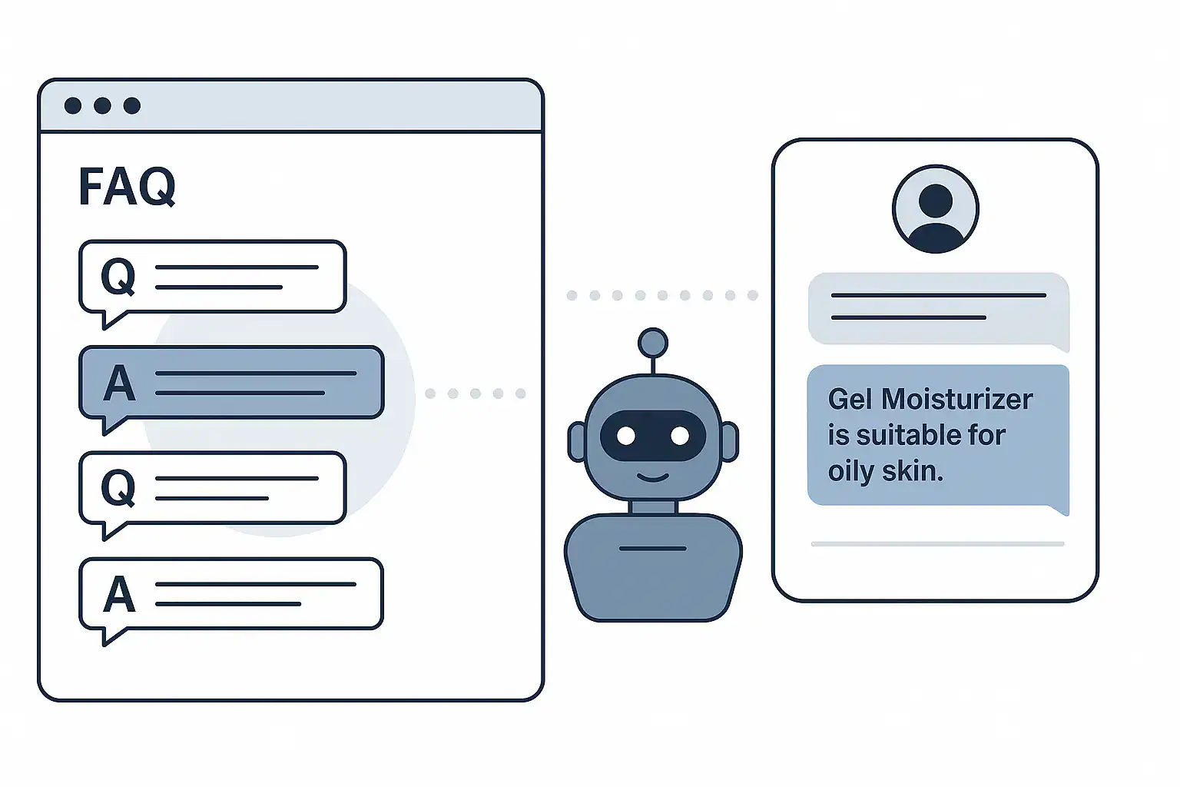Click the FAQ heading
(127, 186)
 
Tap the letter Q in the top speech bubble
(118, 276)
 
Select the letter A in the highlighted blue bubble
(119, 383)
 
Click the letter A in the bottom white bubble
(119, 594)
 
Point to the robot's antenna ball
(653, 343)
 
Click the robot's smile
(653, 477)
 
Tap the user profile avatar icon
(936, 209)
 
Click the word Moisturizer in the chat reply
(956, 400)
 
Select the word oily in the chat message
(850, 470)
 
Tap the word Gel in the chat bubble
(850, 400)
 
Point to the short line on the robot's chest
(653, 549)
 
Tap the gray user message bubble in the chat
(939, 310)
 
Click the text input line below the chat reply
(938, 544)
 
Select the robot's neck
(653, 507)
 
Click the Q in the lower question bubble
(118, 487)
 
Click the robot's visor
(653, 436)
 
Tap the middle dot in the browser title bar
(102, 105)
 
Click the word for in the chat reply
(986, 436)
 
